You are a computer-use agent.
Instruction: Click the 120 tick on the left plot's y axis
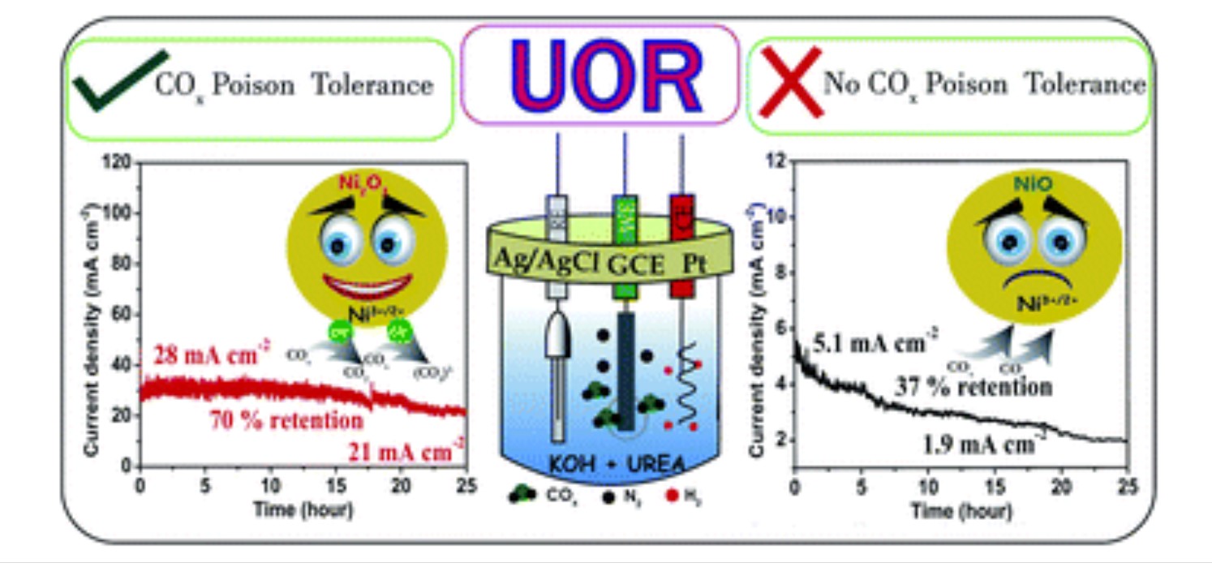point(118,163)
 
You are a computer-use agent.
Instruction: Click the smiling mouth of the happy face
point(367,286)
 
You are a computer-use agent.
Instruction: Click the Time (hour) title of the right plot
point(961,511)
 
